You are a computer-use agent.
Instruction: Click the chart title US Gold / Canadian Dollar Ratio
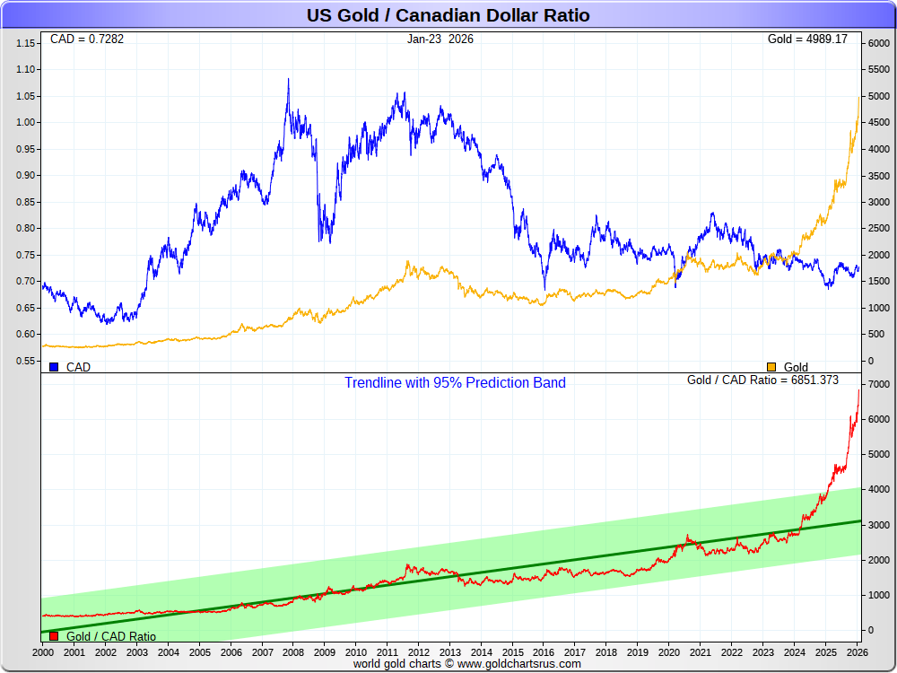(x=448, y=15)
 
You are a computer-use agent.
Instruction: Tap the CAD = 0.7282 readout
(x=87, y=39)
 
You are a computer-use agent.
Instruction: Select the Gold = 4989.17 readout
(x=807, y=39)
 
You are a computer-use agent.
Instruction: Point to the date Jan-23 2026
(x=440, y=39)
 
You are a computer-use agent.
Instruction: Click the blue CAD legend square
(x=54, y=367)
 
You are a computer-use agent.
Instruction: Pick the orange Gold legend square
(x=771, y=367)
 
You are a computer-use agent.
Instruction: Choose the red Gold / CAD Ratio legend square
(x=54, y=636)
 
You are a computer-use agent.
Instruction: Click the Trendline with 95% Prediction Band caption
(x=455, y=382)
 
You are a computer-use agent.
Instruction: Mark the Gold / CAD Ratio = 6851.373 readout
(x=762, y=380)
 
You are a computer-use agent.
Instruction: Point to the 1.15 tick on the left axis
(x=26, y=43)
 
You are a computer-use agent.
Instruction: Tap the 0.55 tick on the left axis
(x=26, y=361)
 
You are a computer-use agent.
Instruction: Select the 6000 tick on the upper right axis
(x=875, y=43)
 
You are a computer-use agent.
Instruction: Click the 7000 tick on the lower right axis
(x=875, y=384)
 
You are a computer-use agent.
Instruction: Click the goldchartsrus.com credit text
(x=466, y=664)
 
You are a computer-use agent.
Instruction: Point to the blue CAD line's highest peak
(x=288, y=79)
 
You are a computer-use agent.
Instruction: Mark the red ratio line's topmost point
(x=858, y=389)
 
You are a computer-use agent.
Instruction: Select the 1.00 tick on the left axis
(x=26, y=122)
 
